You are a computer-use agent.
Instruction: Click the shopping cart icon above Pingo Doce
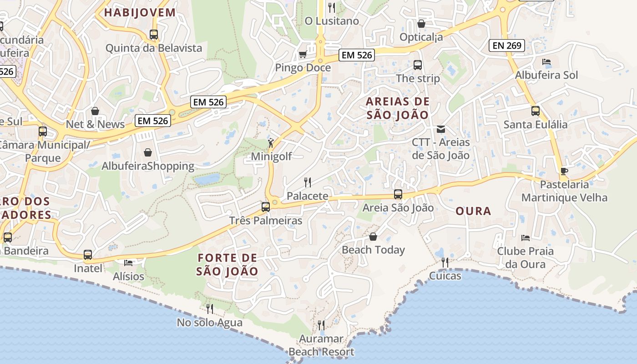(302, 55)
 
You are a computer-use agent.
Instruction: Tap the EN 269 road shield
(507, 45)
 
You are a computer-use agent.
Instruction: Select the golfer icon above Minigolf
(271, 143)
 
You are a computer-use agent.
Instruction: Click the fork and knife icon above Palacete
(308, 182)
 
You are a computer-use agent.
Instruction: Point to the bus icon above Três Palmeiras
(266, 207)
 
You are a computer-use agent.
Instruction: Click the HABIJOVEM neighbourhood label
(140, 12)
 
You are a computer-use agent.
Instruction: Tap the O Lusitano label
(332, 21)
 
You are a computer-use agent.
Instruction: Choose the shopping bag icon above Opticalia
(421, 24)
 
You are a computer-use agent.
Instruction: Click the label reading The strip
(418, 78)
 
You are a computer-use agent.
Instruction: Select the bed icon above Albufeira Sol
(546, 62)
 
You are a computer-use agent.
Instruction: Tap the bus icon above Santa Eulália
(536, 111)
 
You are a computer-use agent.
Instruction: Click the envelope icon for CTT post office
(440, 129)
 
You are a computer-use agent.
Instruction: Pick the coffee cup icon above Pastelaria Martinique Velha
(564, 171)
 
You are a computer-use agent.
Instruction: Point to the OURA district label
(473, 211)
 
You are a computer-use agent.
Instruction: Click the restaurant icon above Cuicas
(445, 262)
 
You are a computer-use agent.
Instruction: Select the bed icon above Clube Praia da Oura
(525, 238)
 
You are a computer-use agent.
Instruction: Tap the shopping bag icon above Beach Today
(373, 237)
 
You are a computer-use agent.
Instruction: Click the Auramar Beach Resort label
(321, 345)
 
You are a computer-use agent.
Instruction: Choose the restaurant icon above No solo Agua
(210, 309)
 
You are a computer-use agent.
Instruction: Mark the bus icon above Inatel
(88, 255)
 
